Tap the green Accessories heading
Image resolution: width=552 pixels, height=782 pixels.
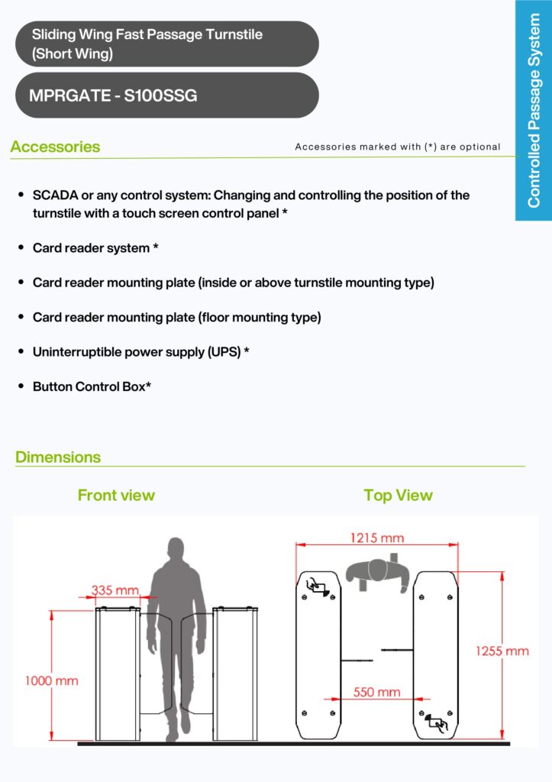(x=55, y=147)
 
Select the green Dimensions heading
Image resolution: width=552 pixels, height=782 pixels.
(x=58, y=457)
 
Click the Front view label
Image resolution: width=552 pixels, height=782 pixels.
(x=116, y=496)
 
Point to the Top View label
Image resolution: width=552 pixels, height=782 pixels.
(x=398, y=496)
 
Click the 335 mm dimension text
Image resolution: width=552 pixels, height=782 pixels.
(x=115, y=590)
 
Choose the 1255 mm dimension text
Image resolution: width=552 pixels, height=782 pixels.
(x=502, y=651)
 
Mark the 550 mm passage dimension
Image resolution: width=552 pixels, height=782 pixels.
(x=376, y=693)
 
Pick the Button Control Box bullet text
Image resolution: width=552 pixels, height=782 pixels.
(x=92, y=387)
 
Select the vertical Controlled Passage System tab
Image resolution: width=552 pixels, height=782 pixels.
(x=534, y=111)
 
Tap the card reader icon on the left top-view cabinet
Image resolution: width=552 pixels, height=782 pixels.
(x=319, y=586)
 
